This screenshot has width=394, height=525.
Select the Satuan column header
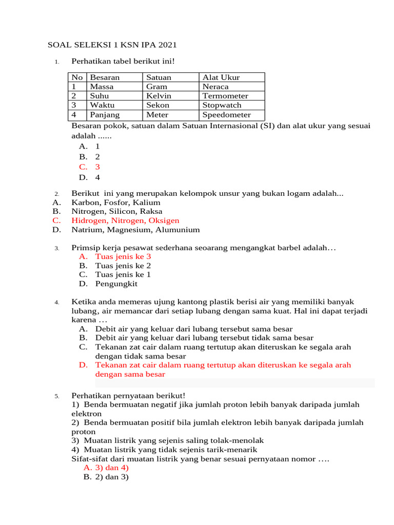click(159, 77)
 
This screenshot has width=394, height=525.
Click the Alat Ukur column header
click(221, 77)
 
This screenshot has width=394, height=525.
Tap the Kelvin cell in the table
click(159, 96)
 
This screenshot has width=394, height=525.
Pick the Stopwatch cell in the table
click(222, 105)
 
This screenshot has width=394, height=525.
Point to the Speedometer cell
click(226, 115)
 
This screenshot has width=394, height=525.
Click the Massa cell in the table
click(102, 87)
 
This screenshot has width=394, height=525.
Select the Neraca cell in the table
click(215, 87)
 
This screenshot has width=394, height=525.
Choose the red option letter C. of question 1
click(83, 167)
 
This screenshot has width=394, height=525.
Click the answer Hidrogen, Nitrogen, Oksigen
click(125, 220)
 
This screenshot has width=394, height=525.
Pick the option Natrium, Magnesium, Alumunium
click(135, 230)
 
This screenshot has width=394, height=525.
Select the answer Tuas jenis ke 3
click(123, 256)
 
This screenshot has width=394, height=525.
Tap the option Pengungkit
click(116, 284)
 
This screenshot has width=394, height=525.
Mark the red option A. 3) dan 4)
click(106, 468)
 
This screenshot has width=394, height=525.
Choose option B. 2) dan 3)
click(106, 477)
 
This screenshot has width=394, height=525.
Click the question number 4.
click(56, 302)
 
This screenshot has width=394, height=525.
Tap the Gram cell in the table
click(156, 87)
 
